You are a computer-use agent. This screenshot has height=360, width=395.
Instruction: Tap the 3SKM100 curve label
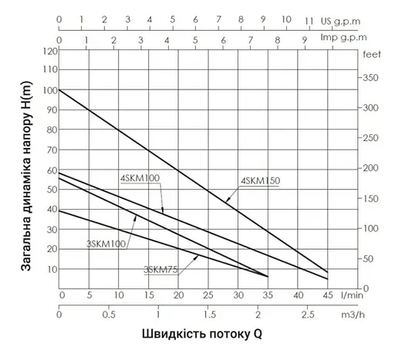pos(107,244)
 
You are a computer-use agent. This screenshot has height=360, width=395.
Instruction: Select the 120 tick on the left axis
pos(50,51)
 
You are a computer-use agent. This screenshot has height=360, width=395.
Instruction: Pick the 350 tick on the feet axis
pos(370,78)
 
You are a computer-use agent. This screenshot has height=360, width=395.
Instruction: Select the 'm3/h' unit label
pos(352,315)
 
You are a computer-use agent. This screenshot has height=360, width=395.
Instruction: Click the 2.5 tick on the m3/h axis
pos(308,315)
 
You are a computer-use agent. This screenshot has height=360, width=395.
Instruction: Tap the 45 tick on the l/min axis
pos(327,294)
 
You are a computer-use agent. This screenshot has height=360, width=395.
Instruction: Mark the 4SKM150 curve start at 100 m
pos(59,90)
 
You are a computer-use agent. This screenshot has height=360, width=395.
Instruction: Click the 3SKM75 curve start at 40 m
pos(59,210)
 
